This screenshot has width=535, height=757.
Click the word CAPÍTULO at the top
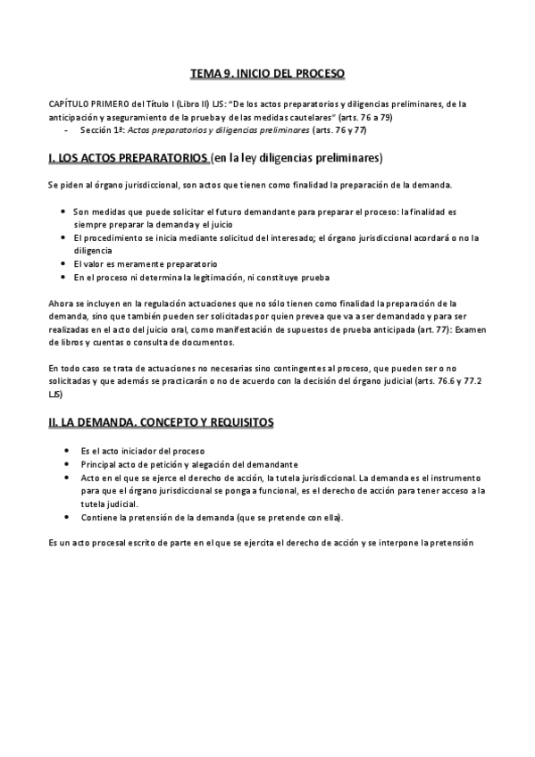click(68, 104)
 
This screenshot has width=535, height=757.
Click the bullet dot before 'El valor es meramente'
click(63, 264)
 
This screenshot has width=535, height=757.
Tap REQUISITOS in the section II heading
click(241, 420)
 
